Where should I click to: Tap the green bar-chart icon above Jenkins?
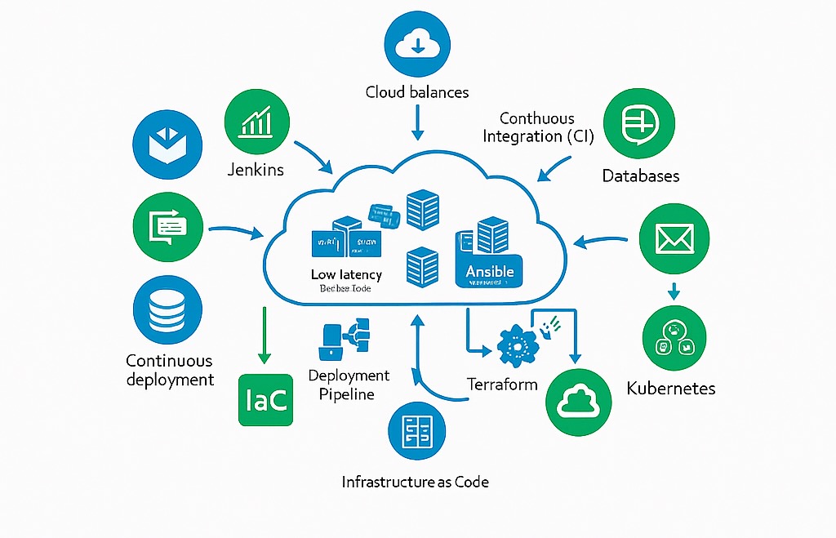[256, 121]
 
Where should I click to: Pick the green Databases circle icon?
[640, 124]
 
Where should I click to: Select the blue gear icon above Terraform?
[516, 345]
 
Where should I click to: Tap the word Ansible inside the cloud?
[489, 271]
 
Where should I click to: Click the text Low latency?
[346, 274]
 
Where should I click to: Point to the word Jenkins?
[256, 170]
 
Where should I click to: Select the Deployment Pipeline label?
[349, 385]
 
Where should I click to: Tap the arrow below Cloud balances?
[417, 122]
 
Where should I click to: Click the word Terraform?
[502, 383]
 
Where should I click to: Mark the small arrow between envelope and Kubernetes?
[674, 290]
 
